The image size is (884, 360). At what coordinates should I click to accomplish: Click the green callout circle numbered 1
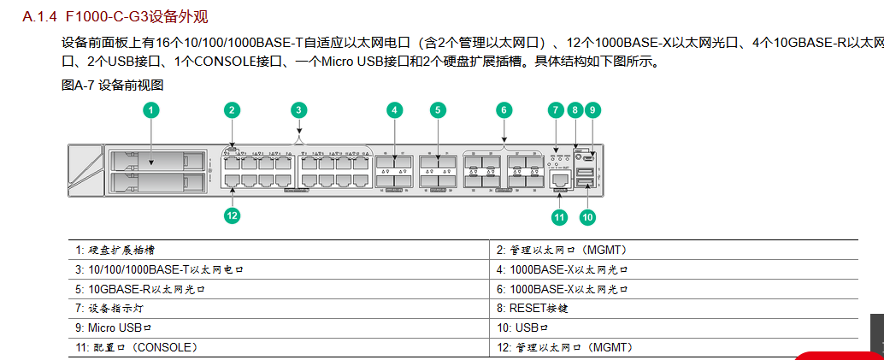[x=151, y=109]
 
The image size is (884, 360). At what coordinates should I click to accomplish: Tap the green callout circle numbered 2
[x=232, y=109]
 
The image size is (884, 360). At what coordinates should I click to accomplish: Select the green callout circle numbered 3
[x=298, y=109]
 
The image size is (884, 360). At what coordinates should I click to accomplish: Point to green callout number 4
[x=394, y=109]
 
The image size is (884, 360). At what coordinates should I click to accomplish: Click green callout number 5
[x=438, y=109]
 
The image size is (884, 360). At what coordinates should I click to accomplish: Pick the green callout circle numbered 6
[x=504, y=109]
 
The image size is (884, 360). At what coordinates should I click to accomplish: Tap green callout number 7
[x=556, y=109]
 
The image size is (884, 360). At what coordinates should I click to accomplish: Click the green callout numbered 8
[x=575, y=109]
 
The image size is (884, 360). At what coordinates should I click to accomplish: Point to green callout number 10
[x=587, y=217]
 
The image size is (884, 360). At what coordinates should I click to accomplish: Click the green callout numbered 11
[x=559, y=217]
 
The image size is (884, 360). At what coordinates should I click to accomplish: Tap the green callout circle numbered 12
[x=232, y=215]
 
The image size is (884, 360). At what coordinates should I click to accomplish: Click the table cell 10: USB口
[x=523, y=328]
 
